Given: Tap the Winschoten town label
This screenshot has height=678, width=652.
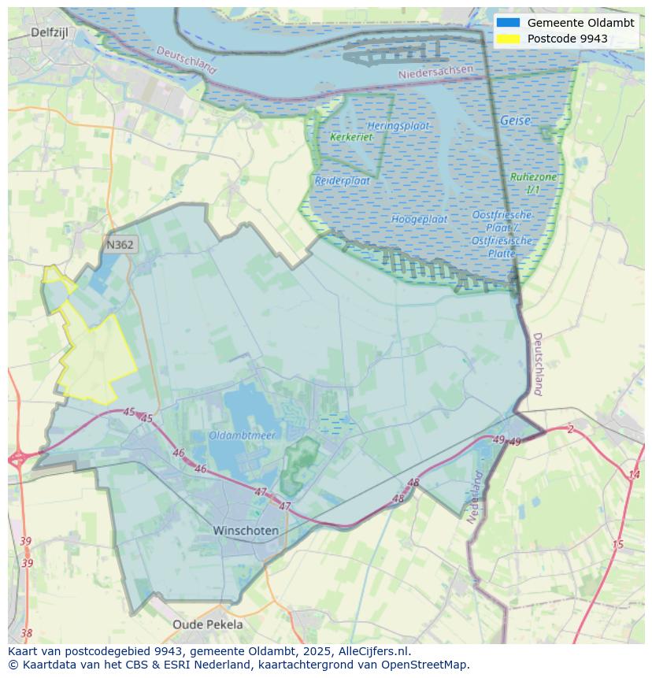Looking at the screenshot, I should click(246, 531).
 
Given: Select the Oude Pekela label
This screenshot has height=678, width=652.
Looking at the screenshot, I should click(208, 624).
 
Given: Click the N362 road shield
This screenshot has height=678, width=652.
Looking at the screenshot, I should click(120, 245).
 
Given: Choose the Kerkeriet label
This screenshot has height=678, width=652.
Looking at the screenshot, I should click(351, 137).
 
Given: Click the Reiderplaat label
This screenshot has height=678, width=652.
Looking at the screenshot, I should click(343, 180).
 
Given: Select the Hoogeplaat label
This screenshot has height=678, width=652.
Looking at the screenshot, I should click(420, 219).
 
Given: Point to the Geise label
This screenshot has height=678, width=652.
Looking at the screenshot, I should click(515, 121).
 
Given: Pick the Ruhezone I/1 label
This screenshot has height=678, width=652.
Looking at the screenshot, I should click(533, 183).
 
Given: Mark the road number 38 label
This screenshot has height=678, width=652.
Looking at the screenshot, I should click(27, 633).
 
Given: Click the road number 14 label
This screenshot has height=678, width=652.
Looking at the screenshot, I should click(634, 475).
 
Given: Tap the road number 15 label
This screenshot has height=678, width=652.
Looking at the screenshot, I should click(618, 545).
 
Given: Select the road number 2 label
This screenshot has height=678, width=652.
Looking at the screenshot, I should click(570, 429).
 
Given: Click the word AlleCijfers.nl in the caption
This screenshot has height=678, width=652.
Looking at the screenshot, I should click(374, 652).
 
